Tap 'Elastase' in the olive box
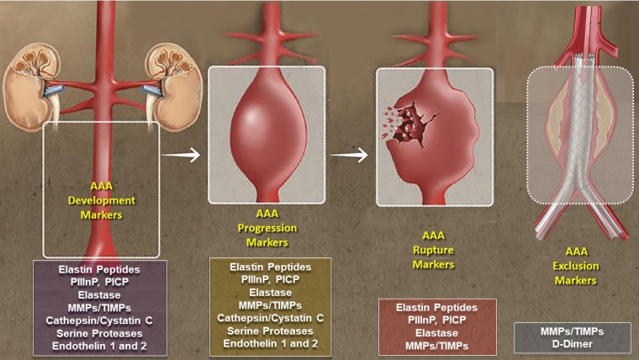[270, 293]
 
